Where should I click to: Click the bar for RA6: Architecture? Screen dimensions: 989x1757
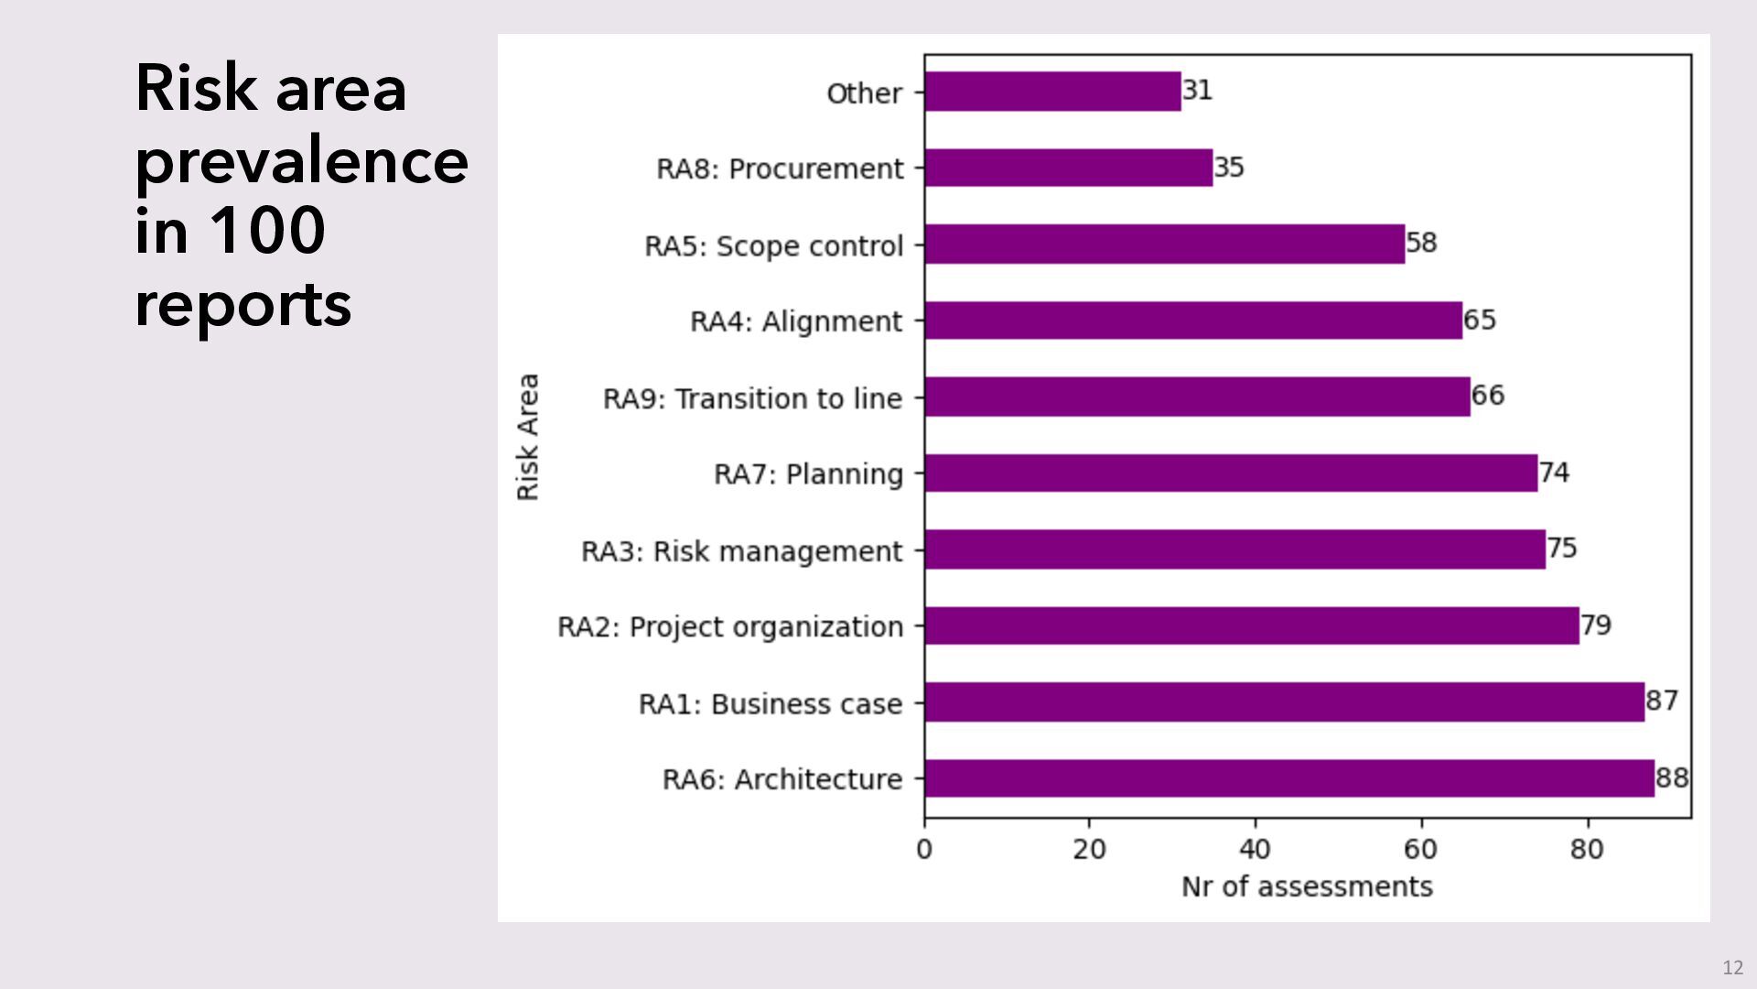click(x=1288, y=778)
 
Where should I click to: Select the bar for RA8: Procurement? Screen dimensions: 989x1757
click(x=1068, y=168)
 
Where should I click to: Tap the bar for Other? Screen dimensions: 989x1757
click(x=1052, y=92)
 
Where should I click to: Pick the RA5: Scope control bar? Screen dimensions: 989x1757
click(x=1164, y=245)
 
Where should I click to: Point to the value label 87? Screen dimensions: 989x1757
click(x=1662, y=701)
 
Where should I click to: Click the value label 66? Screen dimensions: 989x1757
click(x=1488, y=396)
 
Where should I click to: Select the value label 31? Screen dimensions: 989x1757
click(x=1197, y=90)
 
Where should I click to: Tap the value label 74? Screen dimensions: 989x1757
click(x=1554, y=473)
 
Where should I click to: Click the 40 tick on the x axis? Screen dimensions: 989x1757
click(x=1255, y=849)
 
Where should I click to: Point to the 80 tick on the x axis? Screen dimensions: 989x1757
click(x=1587, y=849)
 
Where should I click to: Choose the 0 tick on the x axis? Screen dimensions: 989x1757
click(x=924, y=849)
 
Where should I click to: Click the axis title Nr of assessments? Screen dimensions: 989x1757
click(x=1307, y=886)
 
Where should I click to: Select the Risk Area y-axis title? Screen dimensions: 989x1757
click(x=528, y=437)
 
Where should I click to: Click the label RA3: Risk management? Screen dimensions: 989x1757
click(x=742, y=551)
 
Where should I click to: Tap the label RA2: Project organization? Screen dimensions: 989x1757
click(x=730, y=627)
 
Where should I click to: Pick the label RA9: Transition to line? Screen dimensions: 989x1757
click(x=752, y=399)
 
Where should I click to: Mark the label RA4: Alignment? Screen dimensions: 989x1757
click(x=796, y=322)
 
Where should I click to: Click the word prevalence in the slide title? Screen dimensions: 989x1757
click(x=302, y=162)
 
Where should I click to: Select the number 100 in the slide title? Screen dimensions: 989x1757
click(x=267, y=230)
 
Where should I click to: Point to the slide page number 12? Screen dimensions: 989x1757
click(x=1732, y=968)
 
